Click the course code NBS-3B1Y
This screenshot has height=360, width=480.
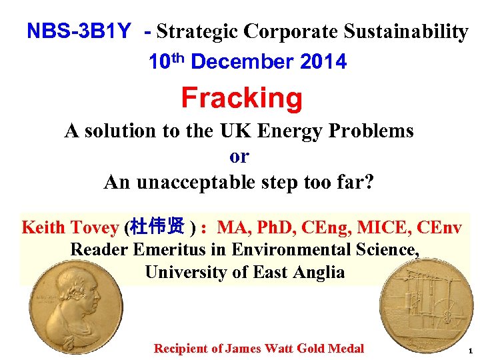coord(79,32)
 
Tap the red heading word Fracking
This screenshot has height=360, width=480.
coord(241,98)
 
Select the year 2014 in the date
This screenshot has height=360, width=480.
coord(323,62)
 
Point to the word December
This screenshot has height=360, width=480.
coord(241,62)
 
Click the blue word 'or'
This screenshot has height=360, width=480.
coord(239,156)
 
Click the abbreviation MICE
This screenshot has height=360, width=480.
coord(382,227)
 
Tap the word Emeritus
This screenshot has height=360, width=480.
coord(163,250)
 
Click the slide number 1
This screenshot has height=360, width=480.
coord(470,351)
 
